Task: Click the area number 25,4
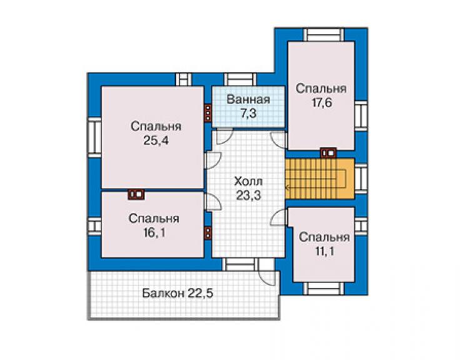[156, 141]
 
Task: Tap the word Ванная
[248, 100]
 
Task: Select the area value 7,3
[248, 113]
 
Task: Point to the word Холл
[248, 181]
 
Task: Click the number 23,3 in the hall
[248, 195]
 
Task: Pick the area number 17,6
[322, 103]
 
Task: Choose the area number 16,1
[154, 233]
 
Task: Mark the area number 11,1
[324, 252]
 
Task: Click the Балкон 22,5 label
[178, 294]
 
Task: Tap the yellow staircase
[320, 178]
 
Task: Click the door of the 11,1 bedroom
[279, 217]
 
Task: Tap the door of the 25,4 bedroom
[213, 160]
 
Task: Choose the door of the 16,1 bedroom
[213, 202]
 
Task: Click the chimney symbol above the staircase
[328, 153]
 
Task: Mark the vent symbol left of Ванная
[208, 113]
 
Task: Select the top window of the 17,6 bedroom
[324, 35]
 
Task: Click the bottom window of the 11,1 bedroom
[324, 289]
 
